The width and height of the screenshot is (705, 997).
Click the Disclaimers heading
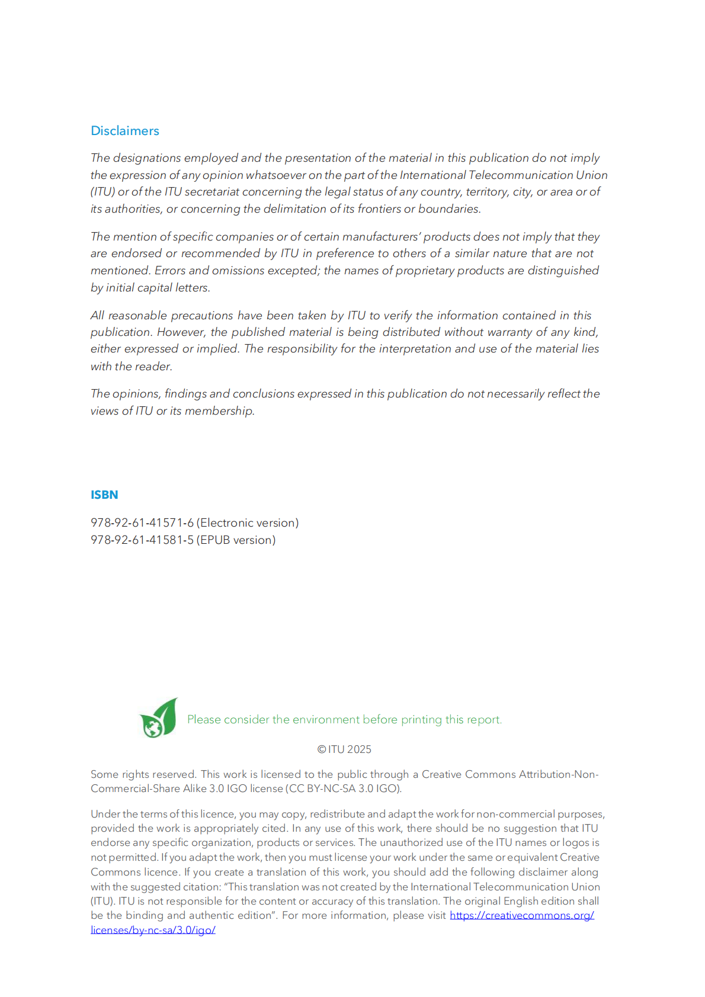click(x=124, y=131)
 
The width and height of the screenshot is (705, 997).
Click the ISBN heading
click(x=104, y=495)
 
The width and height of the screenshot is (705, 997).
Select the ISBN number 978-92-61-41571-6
click(x=142, y=522)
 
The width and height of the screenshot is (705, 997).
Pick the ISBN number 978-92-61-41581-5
click(x=142, y=540)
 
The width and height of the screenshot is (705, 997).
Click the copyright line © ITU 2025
click(x=344, y=749)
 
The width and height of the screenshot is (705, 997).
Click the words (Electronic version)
click(x=248, y=522)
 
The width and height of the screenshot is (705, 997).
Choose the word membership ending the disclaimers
click(x=219, y=411)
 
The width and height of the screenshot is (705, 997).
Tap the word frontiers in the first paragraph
click(x=379, y=209)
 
